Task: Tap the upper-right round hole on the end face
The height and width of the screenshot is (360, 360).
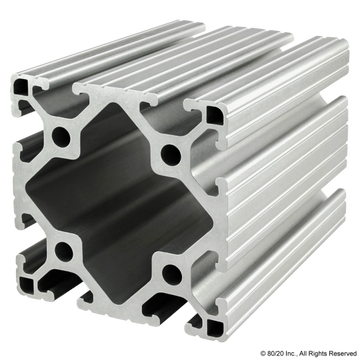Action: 171,153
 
